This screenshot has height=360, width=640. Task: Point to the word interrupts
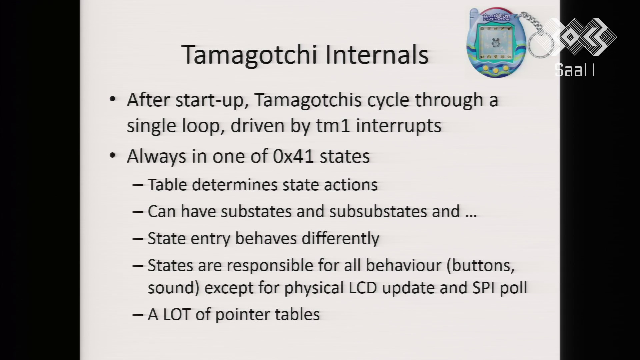tap(399, 126)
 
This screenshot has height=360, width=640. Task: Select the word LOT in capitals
tap(177, 314)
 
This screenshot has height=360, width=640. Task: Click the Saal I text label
tap(575, 70)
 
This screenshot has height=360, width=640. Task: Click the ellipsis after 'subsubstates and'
tap(471, 216)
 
